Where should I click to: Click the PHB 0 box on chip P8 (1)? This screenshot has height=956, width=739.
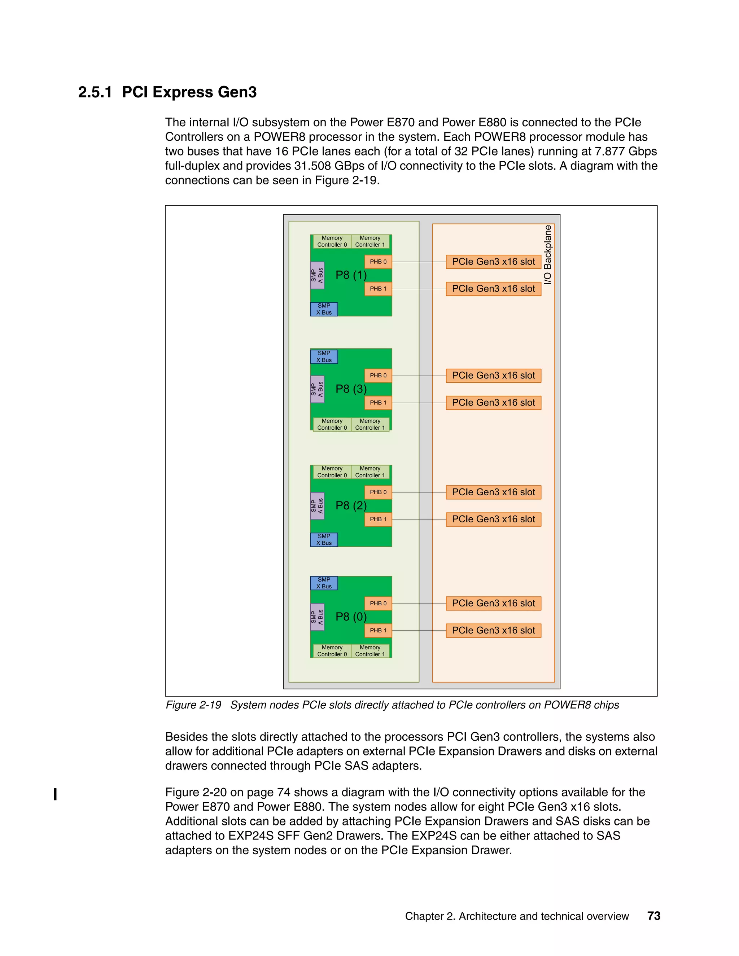pos(378,262)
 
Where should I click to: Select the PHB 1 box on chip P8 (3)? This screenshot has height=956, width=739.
pos(378,403)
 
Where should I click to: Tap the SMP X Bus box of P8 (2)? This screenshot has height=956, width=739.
pos(324,540)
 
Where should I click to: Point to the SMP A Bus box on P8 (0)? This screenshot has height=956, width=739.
pos(317,617)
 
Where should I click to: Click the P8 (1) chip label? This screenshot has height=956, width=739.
pos(351,275)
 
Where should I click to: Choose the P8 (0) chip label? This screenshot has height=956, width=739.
pos(351,617)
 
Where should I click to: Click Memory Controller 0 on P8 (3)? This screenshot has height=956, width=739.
pos(332,424)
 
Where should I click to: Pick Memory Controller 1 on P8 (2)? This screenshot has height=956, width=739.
pos(370,472)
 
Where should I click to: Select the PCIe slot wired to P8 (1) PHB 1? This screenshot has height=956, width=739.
pos(493,289)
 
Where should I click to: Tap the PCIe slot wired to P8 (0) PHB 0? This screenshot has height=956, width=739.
pos(493,603)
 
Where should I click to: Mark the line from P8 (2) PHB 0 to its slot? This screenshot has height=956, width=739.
pos(419,492)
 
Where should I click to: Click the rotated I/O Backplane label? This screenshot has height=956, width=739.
pos(548,255)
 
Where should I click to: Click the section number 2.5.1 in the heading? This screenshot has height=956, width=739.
pos(95,92)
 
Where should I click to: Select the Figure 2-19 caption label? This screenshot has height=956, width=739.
pos(193,705)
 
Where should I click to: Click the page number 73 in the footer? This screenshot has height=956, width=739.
pos(653,916)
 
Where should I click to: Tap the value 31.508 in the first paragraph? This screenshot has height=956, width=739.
pos(312,166)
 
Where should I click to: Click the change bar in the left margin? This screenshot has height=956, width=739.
pos(55,794)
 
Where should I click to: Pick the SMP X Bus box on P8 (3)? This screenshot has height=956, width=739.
pos(324,357)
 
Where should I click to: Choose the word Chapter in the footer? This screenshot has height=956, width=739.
pos(423,916)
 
